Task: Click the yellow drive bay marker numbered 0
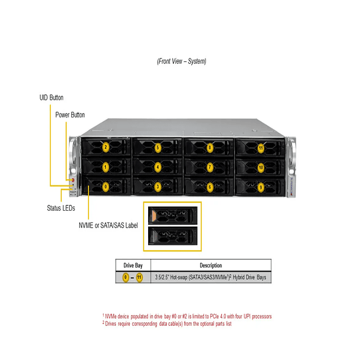tap(106, 187)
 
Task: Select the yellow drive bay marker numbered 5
tap(158, 148)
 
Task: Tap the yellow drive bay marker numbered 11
tap(261, 148)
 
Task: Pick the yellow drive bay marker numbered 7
tap(210, 168)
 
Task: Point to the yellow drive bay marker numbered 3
tap(158, 187)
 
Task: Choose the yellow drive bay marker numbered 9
tap(261, 187)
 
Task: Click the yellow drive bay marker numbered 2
tap(106, 148)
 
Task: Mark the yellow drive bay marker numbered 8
tap(210, 148)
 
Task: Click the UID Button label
tap(47, 97)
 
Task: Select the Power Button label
tap(70, 114)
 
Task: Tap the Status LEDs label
tap(61, 208)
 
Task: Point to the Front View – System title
tap(182, 61)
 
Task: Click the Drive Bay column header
tap(132, 265)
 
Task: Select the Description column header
tap(211, 265)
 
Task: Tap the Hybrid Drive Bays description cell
tap(211, 277)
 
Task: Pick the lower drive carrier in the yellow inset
tap(172, 237)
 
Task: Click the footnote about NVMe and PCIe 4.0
tap(186, 316)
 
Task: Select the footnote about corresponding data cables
tap(166, 323)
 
